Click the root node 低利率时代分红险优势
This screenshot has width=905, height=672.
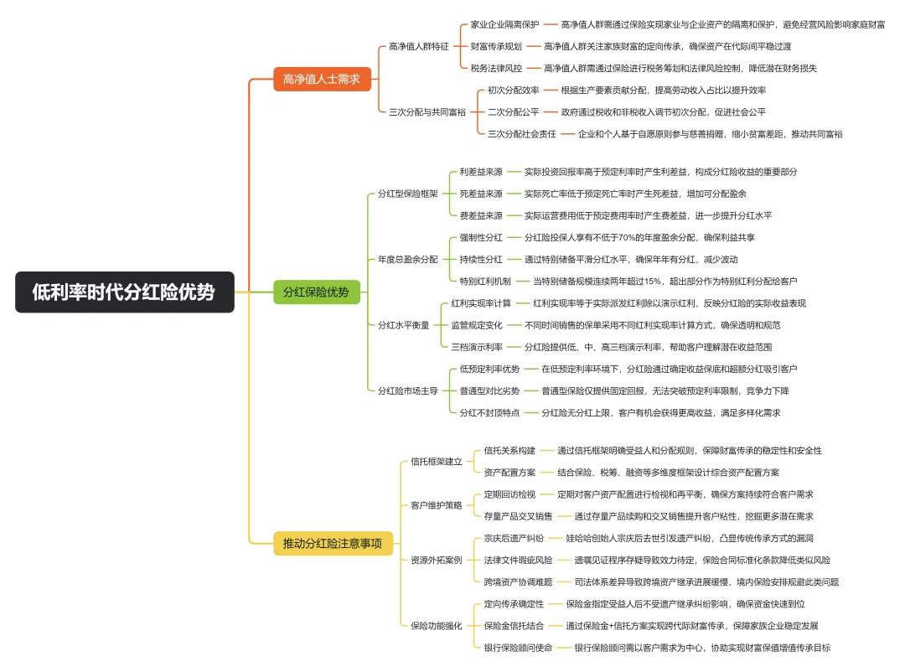[124, 292]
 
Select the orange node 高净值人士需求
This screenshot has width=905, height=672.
[322, 80]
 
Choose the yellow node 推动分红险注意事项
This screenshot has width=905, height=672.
[333, 544]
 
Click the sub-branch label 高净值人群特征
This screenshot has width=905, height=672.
[418, 46]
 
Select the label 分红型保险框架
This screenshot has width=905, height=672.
[407, 194]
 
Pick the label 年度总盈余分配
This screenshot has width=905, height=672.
[407, 259]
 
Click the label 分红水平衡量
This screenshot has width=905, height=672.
[403, 325]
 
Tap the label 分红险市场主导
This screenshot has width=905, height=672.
[407, 390]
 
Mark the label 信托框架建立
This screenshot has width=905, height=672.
[436, 462]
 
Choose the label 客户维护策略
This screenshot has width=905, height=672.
[436, 505]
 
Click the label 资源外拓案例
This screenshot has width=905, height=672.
[436, 560]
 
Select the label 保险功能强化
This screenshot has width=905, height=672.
[436, 625]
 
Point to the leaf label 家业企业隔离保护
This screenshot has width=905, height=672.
[504, 24]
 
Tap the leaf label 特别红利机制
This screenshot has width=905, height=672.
[485, 281]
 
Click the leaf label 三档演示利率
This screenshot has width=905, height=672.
[477, 347]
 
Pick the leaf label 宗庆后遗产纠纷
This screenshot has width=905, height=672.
[514, 538]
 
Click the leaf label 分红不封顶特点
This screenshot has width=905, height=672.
[489, 412]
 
